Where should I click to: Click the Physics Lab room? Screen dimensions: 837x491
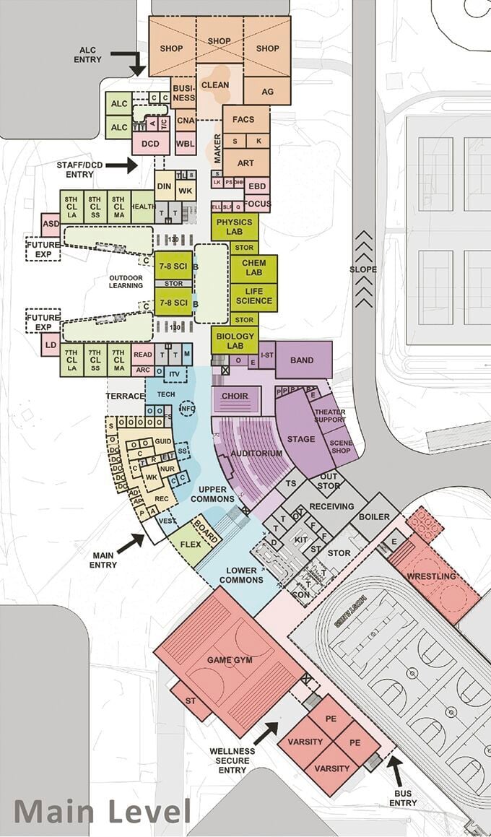[235, 227]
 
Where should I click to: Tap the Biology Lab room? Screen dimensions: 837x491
[235, 340]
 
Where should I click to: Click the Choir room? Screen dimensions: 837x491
[235, 396]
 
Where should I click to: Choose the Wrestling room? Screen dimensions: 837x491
[432, 576]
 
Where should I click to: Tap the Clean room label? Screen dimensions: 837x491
[215, 84]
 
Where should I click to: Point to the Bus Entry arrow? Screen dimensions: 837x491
[392, 770]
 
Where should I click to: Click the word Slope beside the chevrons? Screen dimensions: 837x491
[363, 270]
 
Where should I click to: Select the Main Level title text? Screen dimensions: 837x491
[101, 810]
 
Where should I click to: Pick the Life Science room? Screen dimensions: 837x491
[253, 295]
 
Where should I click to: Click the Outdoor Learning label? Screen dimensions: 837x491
[126, 281]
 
